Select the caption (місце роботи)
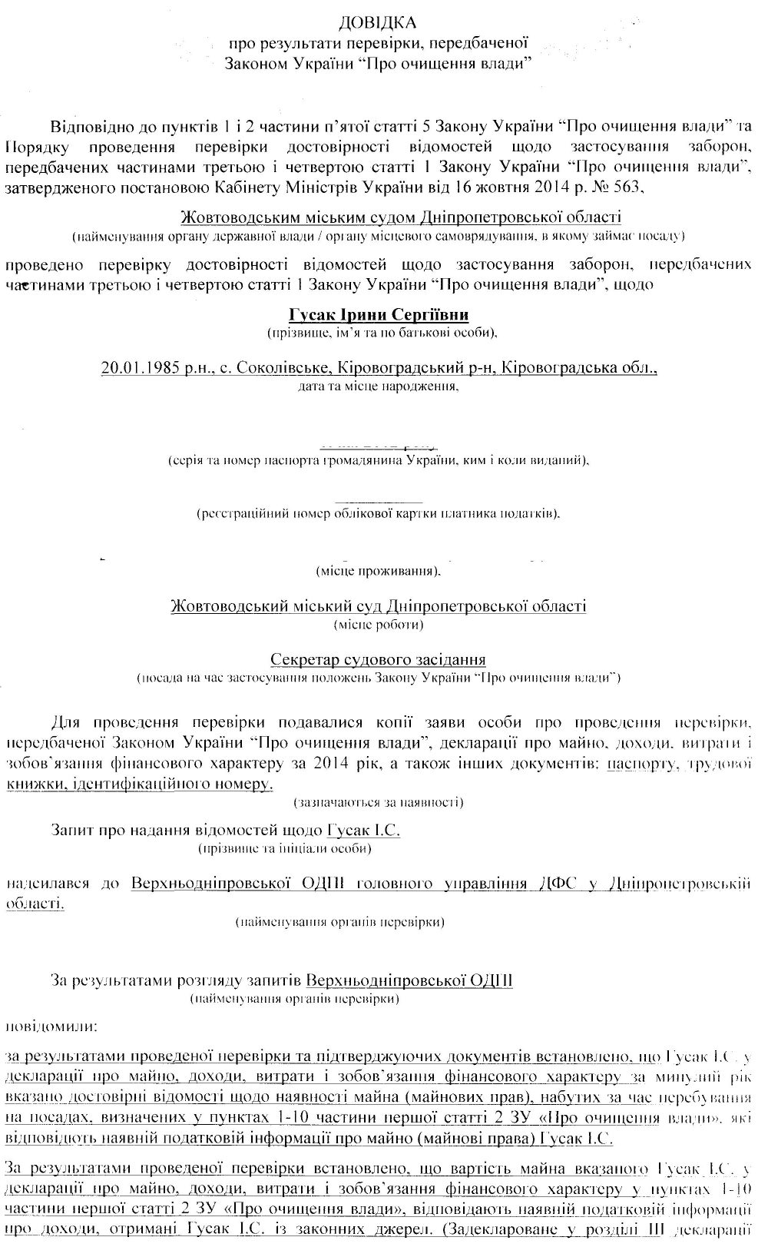(379, 625)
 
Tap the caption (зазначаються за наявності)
(379, 803)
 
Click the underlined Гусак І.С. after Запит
(363, 831)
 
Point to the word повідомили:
(51, 1026)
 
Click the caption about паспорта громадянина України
(379, 461)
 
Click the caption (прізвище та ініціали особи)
(285, 849)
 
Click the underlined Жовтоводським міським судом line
(379, 217)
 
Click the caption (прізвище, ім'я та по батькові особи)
(379, 333)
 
